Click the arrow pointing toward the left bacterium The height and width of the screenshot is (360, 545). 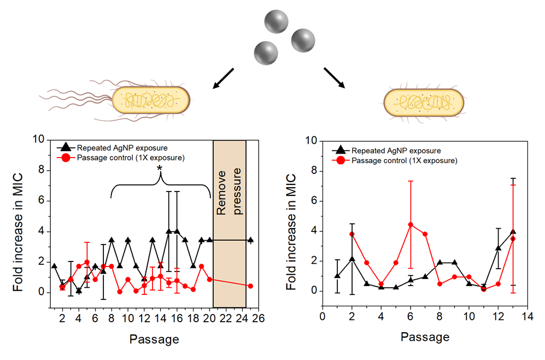[223, 78]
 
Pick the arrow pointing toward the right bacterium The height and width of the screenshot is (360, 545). [335, 78]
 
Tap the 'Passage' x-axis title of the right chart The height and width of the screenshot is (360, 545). [425, 337]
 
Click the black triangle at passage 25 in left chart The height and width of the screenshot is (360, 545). [250, 240]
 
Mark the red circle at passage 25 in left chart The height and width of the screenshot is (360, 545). [250, 286]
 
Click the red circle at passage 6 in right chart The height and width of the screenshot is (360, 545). [411, 224]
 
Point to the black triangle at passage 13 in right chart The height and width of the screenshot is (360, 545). [513, 231]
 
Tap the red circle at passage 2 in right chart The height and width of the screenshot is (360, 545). [352, 234]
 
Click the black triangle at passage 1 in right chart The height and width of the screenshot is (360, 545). [337, 276]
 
